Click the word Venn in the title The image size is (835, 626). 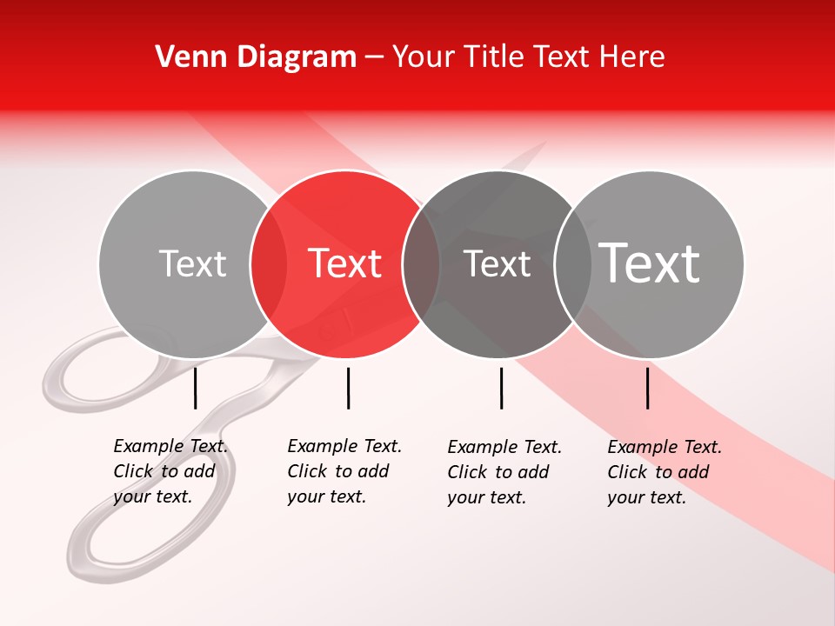click(x=184, y=57)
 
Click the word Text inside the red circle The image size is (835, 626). click(x=345, y=263)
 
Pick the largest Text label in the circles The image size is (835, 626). click(x=649, y=263)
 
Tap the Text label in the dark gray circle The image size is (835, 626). click(x=497, y=264)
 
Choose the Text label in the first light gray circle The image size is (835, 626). click(x=192, y=263)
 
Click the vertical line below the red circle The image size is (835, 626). click(x=348, y=388)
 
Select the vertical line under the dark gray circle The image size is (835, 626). click(x=501, y=388)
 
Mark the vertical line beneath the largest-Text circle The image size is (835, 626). click(x=648, y=388)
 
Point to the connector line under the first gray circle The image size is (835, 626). click(x=196, y=388)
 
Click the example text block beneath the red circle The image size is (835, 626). click(x=344, y=471)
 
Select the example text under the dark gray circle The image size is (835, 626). click(x=504, y=472)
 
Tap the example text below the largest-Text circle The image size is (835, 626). click(x=665, y=472)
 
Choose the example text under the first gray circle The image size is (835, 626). click(x=170, y=471)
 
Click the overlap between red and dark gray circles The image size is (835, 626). click(x=421, y=264)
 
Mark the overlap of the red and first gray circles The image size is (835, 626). click(x=269, y=264)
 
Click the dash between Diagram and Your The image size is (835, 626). click(x=374, y=57)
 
